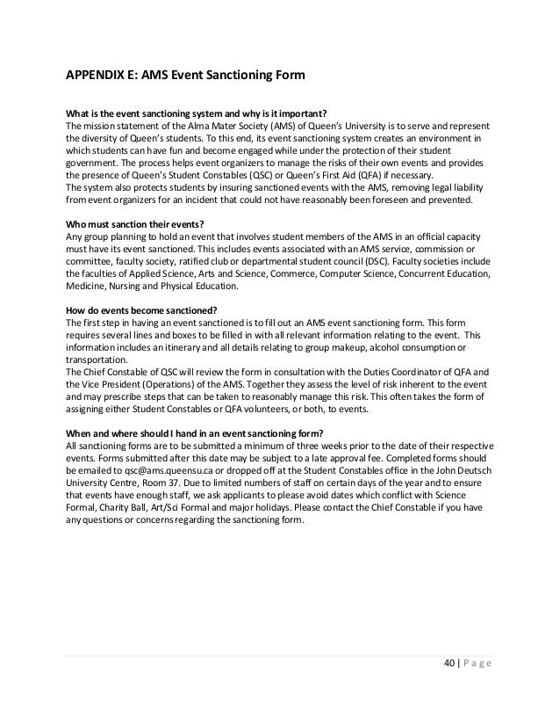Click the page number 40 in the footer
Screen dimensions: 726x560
click(x=449, y=685)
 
